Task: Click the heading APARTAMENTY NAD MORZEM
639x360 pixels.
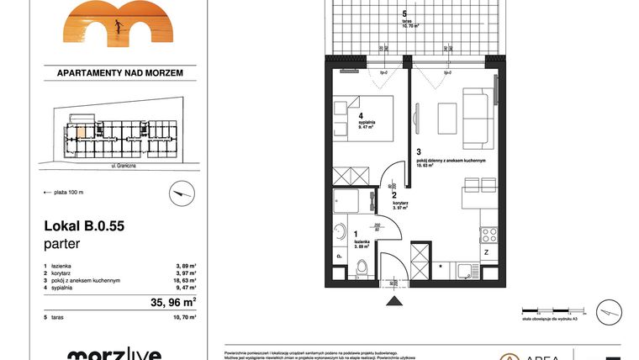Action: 119,73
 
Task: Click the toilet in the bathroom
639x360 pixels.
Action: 362,268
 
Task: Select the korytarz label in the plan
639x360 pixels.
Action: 399,203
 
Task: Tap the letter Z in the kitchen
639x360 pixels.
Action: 487,252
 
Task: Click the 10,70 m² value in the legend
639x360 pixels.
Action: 186,319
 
